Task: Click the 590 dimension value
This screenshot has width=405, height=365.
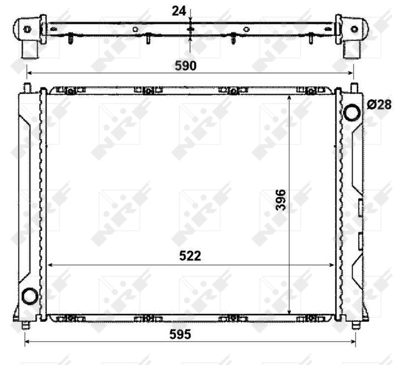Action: pos(186,66)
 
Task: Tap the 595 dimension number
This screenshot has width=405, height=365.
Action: pos(180,335)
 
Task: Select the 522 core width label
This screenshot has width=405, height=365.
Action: pos(190,256)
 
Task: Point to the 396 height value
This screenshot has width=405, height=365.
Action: pos(281,200)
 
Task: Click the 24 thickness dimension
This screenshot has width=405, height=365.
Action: pos(178,11)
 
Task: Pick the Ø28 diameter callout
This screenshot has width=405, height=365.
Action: pos(379,105)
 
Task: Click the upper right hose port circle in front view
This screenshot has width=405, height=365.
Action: pos(352,113)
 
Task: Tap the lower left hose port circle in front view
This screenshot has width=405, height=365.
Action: pos(30,296)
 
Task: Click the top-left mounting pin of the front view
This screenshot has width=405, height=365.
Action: pos(27,88)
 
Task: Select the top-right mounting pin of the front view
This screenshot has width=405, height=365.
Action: pos(354,88)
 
